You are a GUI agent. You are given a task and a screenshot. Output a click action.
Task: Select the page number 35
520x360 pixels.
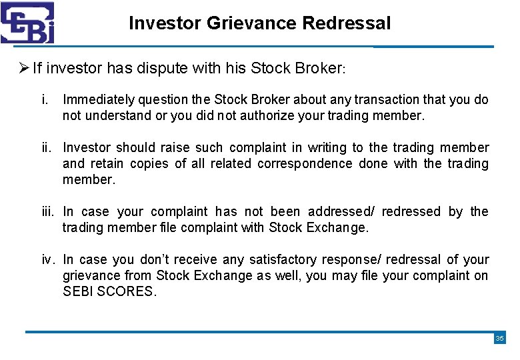[500, 339]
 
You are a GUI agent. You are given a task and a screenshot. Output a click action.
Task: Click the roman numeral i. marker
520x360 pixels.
[44, 100]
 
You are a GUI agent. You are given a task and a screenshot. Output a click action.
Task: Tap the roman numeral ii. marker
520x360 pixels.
[47, 148]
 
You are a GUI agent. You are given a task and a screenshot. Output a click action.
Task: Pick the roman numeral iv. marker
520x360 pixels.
[49, 260]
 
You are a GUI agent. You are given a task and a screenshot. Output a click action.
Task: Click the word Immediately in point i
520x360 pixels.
[99, 100]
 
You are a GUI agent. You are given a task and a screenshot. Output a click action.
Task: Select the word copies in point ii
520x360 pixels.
[149, 164]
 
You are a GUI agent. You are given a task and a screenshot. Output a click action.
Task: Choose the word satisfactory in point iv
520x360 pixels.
[283, 260]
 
